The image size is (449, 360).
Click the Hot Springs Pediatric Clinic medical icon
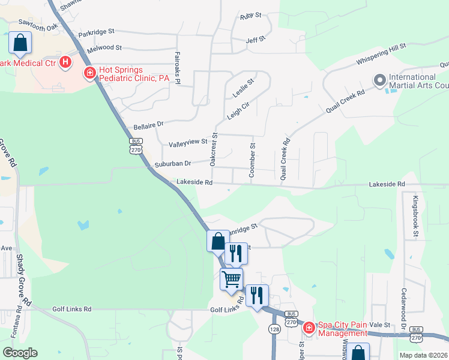[x=89, y=73]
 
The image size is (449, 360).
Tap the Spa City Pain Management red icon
[x=309, y=328]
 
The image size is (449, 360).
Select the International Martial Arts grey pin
[x=379, y=80]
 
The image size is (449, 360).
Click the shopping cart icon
[x=231, y=278]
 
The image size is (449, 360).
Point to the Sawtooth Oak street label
[x=38, y=26]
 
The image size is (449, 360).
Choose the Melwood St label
[x=104, y=47]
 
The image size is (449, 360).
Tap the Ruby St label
[x=251, y=15]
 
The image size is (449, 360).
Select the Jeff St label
[x=256, y=40]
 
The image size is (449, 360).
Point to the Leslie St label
[x=243, y=88]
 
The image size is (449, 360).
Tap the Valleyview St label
[x=188, y=142]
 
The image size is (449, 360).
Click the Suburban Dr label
[x=172, y=163]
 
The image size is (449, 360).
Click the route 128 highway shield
[x=274, y=329]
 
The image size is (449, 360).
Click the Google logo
[x=20, y=353]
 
